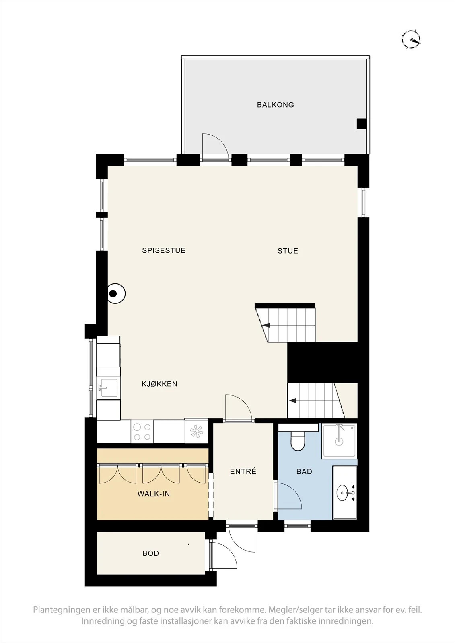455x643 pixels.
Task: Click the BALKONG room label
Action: click(x=275, y=105)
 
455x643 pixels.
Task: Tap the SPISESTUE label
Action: click(x=164, y=250)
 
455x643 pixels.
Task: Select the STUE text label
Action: click(x=288, y=251)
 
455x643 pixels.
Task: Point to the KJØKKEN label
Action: click(x=160, y=384)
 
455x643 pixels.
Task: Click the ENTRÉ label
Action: click(x=243, y=471)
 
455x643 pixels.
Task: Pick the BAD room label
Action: click(x=304, y=471)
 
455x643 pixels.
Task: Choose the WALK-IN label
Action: click(x=154, y=494)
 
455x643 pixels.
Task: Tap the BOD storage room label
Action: click(x=151, y=553)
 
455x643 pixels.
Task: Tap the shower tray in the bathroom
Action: click(x=339, y=441)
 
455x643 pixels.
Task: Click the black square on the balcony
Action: click(x=362, y=123)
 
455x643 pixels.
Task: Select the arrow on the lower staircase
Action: click(x=293, y=401)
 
